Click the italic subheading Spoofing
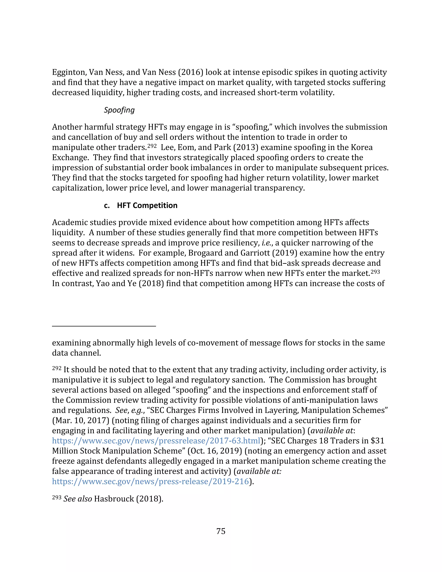(x=119, y=110)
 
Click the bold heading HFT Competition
(x=147, y=205)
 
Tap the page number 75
(x=221, y=531)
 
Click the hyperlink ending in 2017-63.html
(x=156, y=441)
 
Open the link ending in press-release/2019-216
(x=150, y=481)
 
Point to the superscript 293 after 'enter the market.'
(x=375, y=272)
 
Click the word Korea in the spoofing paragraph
(x=362, y=147)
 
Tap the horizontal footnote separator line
(x=104, y=326)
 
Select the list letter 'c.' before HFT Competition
(x=107, y=205)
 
